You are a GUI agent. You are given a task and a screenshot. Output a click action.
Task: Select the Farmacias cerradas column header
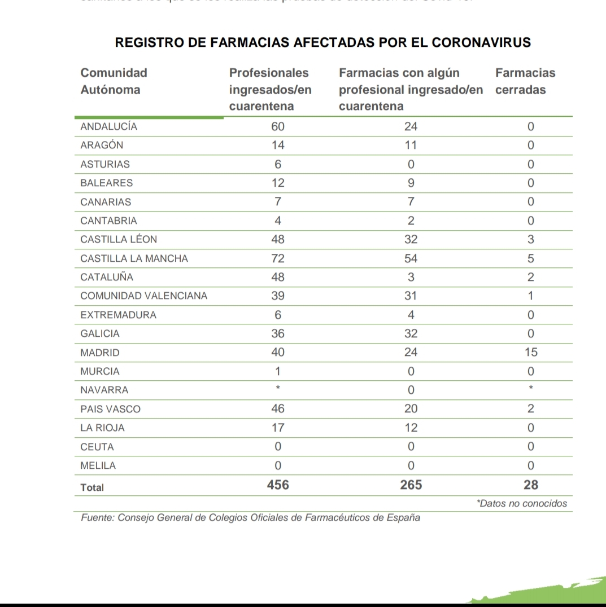coord(525,81)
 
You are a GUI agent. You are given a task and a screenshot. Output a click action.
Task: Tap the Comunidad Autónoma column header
coord(114,81)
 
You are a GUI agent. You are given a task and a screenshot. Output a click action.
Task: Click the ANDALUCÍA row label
coord(109,127)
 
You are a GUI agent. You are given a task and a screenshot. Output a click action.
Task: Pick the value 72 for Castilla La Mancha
coord(277,258)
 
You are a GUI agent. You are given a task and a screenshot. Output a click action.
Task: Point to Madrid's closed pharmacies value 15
coord(530,353)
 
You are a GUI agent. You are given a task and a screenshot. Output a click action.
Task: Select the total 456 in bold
coord(277,485)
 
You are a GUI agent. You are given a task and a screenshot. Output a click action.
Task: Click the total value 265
coord(411,485)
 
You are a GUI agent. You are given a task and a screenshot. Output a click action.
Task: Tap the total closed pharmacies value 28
coord(530,485)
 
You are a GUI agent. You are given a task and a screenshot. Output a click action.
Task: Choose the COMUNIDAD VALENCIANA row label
coord(144,296)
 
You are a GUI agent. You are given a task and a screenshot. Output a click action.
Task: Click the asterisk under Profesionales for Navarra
coord(277,389)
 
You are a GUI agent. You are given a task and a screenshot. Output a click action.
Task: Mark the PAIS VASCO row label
coord(111,409)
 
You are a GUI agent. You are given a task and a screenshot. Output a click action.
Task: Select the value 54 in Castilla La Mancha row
coord(411,258)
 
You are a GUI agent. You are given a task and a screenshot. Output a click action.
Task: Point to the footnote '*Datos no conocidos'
coord(521,503)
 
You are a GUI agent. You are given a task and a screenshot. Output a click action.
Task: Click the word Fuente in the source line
coord(97,517)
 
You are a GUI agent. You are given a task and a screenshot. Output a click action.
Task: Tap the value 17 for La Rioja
coord(277,428)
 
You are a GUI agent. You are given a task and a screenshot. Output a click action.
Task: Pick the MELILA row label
coord(98,466)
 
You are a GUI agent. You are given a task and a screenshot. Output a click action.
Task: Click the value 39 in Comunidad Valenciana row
coord(277,296)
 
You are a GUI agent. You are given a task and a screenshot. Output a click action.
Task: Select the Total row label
coord(93,487)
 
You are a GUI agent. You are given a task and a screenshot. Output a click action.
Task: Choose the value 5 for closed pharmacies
coord(530,258)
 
